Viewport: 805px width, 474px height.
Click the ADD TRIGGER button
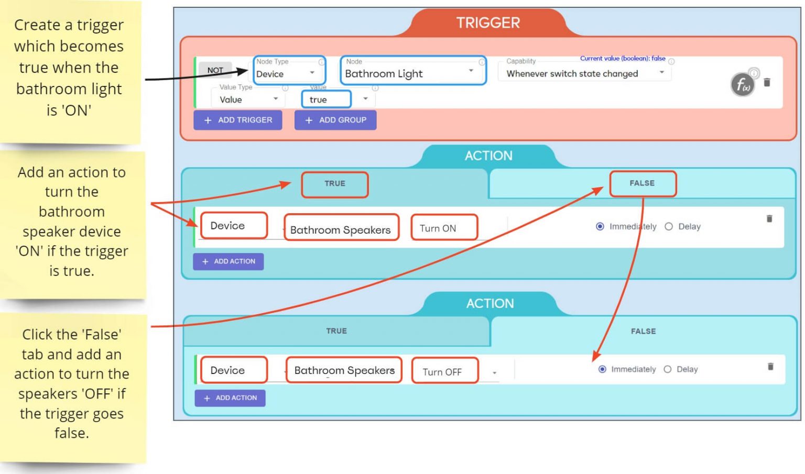[238, 120]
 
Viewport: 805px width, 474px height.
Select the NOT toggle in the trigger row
[215, 70]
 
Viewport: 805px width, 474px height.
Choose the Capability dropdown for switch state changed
[584, 73]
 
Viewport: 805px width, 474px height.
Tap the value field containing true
[326, 100]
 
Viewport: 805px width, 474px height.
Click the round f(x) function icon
[743, 84]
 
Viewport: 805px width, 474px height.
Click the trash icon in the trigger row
[767, 82]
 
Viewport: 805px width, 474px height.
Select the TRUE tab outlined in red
[335, 184]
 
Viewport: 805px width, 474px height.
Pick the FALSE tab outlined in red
[643, 183]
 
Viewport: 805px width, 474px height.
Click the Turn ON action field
[444, 228]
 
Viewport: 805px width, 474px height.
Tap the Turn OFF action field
[445, 371]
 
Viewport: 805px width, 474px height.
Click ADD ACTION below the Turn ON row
[229, 261]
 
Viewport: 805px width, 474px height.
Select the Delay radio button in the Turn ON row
[669, 227]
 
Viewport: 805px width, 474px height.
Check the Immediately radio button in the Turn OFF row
[603, 369]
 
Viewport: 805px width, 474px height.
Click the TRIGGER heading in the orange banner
[488, 23]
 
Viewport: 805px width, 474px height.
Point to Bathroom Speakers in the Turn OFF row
[344, 370]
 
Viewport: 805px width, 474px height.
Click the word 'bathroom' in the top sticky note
[46, 89]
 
